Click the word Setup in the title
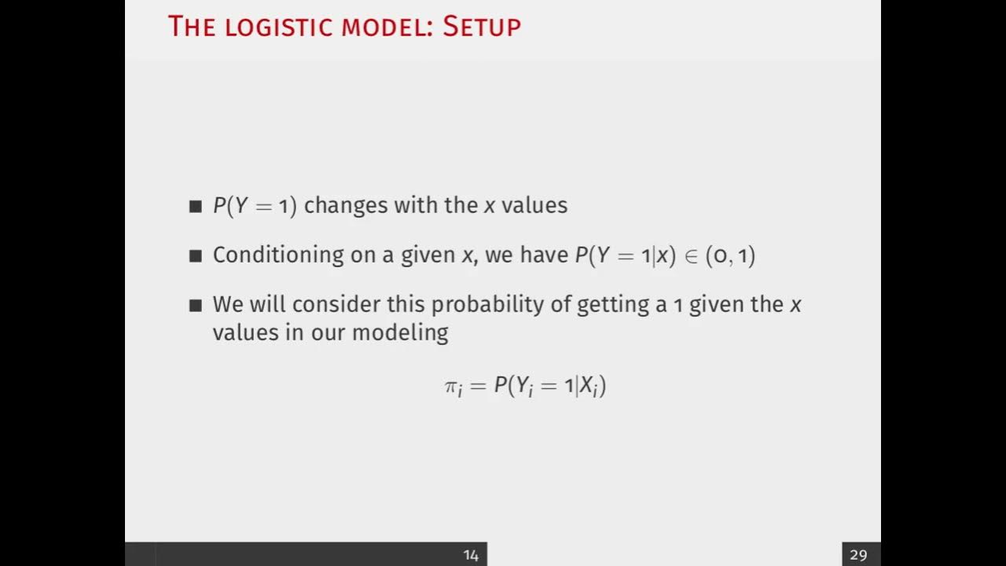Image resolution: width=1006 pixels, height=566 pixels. [x=481, y=27]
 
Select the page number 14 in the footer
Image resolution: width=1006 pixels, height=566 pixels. [x=471, y=555]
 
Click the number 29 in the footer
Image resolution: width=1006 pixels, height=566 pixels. [x=858, y=555]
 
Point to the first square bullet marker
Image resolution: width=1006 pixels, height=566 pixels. [x=196, y=207]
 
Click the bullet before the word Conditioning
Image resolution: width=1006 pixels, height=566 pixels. [x=196, y=256]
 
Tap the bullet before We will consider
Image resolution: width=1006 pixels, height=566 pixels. [x=196, y=306]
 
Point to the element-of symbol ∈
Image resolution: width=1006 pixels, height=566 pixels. [x=691, y=256]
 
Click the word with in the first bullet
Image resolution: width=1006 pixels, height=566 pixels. [x=416, y=206]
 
